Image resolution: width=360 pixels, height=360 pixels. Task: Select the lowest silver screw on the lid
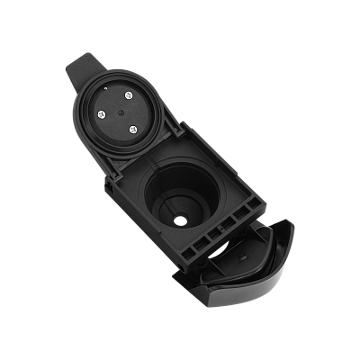click(133, 130)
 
